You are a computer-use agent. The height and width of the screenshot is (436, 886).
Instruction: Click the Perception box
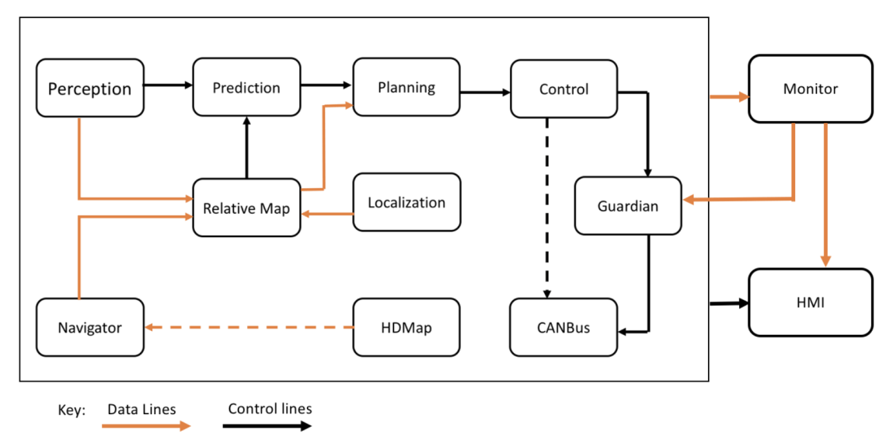coord(90,88)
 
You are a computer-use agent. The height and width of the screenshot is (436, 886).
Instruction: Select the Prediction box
coord(246,87)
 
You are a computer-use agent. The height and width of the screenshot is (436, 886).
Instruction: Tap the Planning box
coord(406,87)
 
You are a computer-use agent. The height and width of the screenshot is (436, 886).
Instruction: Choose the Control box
coord(563,89)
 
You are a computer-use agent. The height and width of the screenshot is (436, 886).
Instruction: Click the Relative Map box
coord(246,208)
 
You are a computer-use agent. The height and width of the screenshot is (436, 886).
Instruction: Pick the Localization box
coord(406,202)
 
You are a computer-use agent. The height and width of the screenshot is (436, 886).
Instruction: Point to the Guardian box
coord(628,206)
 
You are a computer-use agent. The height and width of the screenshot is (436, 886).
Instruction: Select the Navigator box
coord(90,327)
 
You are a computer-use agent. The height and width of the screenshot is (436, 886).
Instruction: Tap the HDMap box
coord(406,327)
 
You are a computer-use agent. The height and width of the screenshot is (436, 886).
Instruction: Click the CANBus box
coord(563,327)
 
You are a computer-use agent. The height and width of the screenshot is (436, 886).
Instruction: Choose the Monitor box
coord(810,89)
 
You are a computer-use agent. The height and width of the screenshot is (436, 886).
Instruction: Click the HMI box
coord(810,302)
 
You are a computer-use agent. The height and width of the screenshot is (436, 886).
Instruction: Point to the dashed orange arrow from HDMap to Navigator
coord(249,327)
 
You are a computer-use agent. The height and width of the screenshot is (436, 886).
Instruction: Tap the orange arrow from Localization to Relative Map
coord(326,212)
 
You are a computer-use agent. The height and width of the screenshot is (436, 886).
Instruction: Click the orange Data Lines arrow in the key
coord(146,425)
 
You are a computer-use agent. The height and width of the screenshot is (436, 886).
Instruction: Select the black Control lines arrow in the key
coord(268,425)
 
